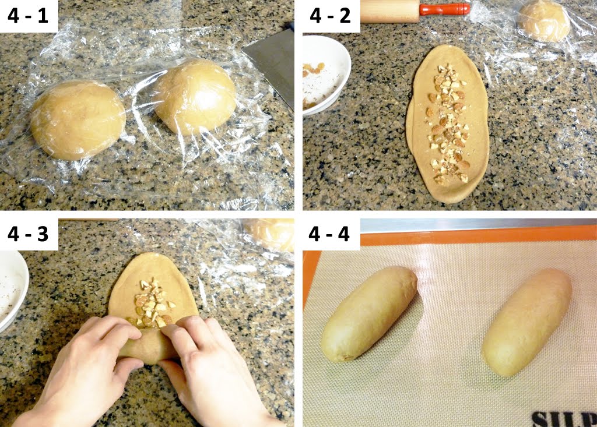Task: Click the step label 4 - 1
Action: pos(29,16)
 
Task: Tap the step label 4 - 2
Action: pos(331,16)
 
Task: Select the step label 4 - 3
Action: pos(29,234)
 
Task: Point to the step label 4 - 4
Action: pos(331,234)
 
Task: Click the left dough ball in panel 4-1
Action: pos(78,120)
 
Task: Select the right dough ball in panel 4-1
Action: pos(195,96)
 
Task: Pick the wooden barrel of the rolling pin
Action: pos(389,10)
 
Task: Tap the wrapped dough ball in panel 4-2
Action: pos(543,21)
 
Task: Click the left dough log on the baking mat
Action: pos(368,313)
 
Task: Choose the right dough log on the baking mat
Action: pos(526,322)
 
